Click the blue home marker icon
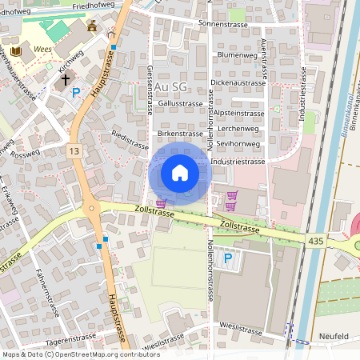click(180, 172)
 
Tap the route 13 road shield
click(74, 150)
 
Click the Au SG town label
click(171, 86)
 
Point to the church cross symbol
click(66, 80)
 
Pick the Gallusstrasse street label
click(181, 103)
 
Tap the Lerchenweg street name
click(238, 128)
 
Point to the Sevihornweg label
click(240, 144)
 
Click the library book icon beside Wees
click(17, 50)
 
